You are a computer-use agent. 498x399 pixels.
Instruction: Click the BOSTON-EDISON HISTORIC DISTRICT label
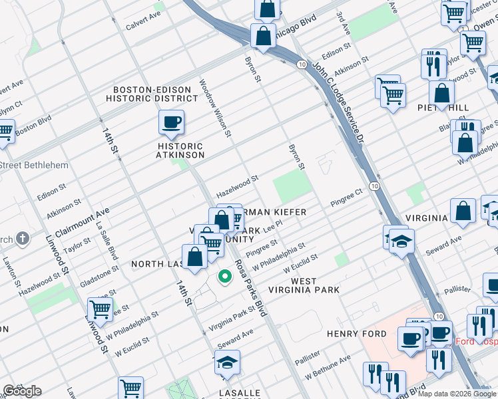(x=155, y=94)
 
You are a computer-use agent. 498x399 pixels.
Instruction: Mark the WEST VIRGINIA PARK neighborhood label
(x=304, y=286)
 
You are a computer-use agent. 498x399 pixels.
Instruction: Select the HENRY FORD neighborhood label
(x=352, y=333)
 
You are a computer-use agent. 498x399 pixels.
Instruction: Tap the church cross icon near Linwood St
(x=23, y=238)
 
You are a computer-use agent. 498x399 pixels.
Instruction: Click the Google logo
(x=22, y=391)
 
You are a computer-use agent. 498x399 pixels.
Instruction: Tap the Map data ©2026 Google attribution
(x=457, y=394)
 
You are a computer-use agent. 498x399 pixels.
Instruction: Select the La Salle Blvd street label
(x=107, y=244)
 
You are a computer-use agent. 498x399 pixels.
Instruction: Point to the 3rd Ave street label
(x=343, y=23)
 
